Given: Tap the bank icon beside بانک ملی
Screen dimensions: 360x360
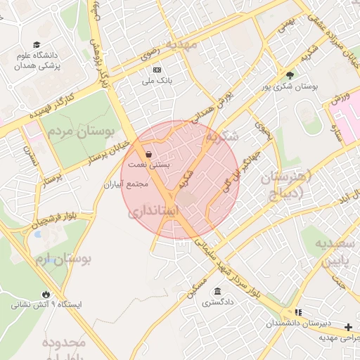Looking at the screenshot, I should [157, 70].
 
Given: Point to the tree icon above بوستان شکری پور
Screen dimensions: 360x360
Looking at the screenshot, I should [290, 75].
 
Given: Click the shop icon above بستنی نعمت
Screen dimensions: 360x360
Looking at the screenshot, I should [148, 154].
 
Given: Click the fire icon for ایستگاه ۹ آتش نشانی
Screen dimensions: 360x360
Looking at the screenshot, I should [46, 294].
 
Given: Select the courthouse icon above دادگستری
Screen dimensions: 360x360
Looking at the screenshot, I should [217, 292].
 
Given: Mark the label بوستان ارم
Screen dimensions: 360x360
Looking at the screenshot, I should [63, 259].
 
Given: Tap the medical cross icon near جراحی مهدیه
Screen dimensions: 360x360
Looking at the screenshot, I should [349, 326].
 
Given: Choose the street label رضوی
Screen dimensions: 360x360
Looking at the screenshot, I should [148, 50].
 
